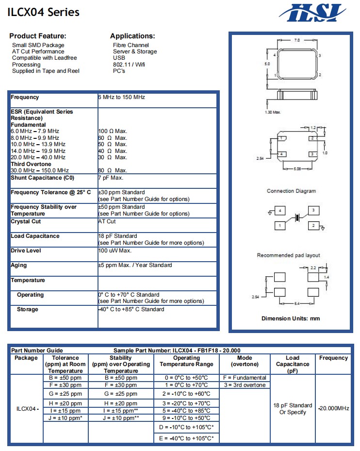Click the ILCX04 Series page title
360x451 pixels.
(x=43, y=13)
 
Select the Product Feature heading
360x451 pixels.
(x=38, y=36)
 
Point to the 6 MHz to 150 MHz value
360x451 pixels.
(x=122, y=98)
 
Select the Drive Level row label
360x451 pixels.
(x=26, y=251)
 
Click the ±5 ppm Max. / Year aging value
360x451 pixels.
(x=135, y=266)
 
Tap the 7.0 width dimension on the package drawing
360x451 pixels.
(x=297, y=40)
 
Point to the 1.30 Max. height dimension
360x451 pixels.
(x=273, y=112)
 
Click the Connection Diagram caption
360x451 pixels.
(x=291, y=191)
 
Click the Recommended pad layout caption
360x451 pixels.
(x=288, y=255)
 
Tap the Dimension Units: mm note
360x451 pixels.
(x=291, y=318)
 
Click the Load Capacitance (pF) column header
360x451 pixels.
(x=293, y=364)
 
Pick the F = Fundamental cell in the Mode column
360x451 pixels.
(x=245, y=378)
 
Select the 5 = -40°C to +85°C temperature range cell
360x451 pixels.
(x=186, y=411)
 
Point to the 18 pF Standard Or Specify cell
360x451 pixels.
(x=293, y=409)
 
